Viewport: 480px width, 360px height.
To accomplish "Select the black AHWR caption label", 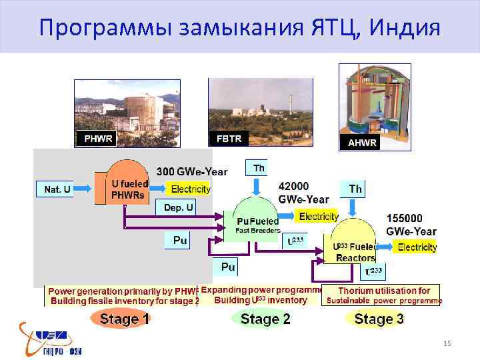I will (362, 143).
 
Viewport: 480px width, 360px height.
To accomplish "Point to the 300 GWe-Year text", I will (191, 172).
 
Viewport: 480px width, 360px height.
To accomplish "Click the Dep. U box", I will (178, 207).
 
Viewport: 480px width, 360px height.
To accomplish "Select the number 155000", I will (410, 218).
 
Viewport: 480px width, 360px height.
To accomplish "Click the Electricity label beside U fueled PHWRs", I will (189, 189).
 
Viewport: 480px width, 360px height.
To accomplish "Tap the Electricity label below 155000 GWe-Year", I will (417, 247).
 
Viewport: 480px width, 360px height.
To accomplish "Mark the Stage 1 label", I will (124, 319).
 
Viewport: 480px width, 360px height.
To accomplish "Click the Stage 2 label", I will (265, 319).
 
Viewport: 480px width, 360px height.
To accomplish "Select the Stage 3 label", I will (379, 319).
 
